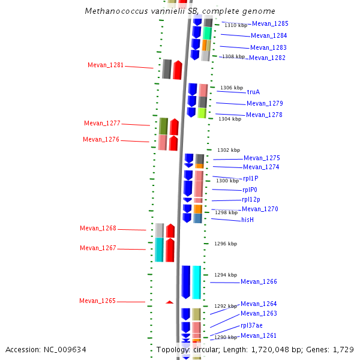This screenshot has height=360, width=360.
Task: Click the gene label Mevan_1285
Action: coord(270,24)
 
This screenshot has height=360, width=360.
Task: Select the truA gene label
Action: coord(253,92)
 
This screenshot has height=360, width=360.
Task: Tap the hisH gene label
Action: coord(248,220)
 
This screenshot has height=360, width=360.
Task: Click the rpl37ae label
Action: coord(251,325)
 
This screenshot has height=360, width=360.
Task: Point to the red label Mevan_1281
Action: coord(106,65)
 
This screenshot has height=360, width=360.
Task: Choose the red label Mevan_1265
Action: coord(97,301)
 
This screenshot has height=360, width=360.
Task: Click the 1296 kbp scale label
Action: coord(226,244)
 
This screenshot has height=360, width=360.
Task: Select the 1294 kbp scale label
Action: coord(225,275)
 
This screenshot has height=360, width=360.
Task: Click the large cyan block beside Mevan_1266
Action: coord(196,282)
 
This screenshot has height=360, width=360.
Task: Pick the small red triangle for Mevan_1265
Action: coord(170,302)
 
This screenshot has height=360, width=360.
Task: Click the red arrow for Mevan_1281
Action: coord(178,70)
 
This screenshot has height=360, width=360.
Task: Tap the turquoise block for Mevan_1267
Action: coord(159,250)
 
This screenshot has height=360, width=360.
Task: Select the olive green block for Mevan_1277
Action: coord(163,126)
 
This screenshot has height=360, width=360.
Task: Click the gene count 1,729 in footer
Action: coord(343,349)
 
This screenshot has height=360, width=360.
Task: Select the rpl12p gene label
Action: coord(251,199)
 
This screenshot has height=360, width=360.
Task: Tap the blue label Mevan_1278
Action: coord(264,115)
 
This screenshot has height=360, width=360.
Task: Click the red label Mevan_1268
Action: coord(98,229)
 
